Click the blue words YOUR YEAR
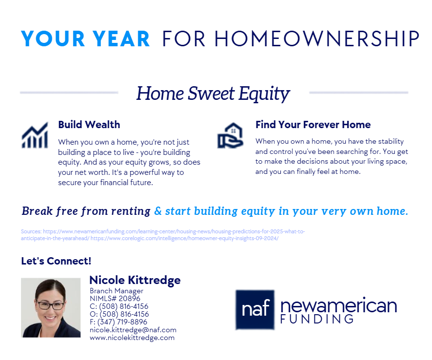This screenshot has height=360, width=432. click(x=85, y=39)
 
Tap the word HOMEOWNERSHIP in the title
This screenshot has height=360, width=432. click(x=317, y=39)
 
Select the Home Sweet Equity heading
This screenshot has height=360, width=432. click(x=213, y=94)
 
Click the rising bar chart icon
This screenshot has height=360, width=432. click(x=35, y=135)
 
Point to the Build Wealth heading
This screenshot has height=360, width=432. click(x=89, y=125)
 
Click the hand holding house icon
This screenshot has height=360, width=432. click(x=230, y=135)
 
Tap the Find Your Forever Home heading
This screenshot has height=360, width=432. click(x=313, y=125)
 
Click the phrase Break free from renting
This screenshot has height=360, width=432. click(x=86, y=211)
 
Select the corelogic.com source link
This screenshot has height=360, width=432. click(x=185, y=238)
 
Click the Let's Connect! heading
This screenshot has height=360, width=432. click(x=56, y=261)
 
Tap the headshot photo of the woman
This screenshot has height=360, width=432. click(x=51, y=308)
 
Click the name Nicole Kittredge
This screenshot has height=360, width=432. click(x=135, y=280)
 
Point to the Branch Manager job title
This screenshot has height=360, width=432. click(x=117, y=291)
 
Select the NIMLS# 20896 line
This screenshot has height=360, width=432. click(x=115, y=299)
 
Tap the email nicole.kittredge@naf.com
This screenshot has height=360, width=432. click(x=133, y=330)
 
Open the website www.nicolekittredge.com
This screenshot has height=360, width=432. click(x=132, y=338)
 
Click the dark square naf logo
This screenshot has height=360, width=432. click(x=255, y=310)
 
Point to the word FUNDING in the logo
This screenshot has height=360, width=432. click(x=317, y=319)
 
